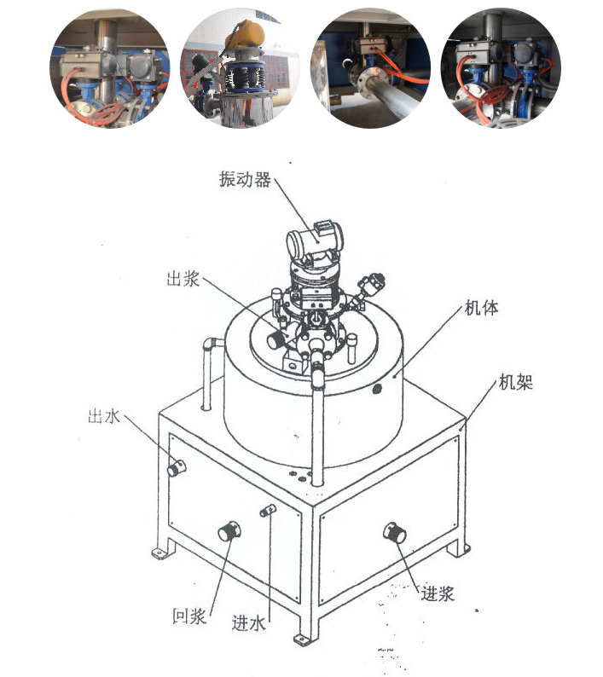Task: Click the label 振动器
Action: click(244, 181)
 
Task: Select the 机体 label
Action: click(481, 308)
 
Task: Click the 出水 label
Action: click(105, 417)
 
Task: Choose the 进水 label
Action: click(249, 622)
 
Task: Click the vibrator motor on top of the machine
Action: click(315, 243)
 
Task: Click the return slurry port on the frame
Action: click(229, 531)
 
